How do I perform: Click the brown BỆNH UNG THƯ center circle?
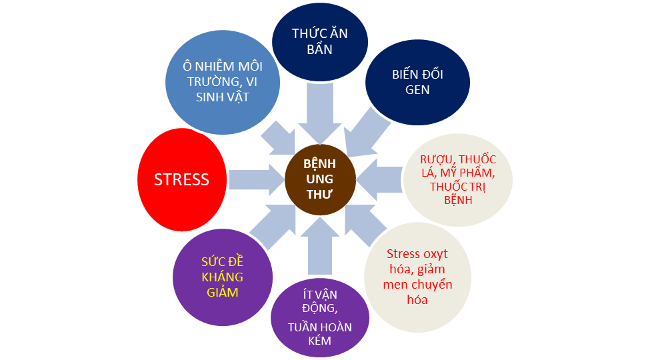pos(319,179)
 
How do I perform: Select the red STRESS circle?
pos(181,179)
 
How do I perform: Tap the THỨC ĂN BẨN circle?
pos(319,41)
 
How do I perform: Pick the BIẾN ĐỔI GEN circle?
pos(417,81)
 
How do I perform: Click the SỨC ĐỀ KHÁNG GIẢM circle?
pos(222,277)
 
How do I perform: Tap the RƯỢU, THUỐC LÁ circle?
pos(457,179)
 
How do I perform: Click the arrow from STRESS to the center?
pos(255,179)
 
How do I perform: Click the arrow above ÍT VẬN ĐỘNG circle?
pos(319,245)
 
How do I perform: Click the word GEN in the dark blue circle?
pos(417,89)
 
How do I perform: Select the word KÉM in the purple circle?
pos(319,341)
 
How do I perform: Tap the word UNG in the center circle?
pos(319,179)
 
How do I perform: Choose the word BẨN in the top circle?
pos(319,49)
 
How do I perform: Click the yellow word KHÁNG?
pos(222,277)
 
